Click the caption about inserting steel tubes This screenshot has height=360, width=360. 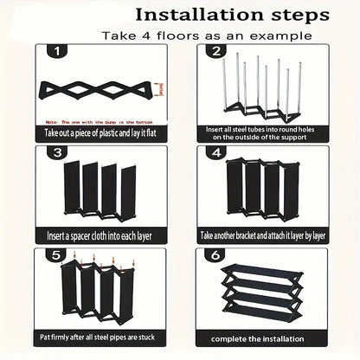pos(264,132)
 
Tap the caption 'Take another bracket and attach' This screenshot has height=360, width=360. pos(264,235)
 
